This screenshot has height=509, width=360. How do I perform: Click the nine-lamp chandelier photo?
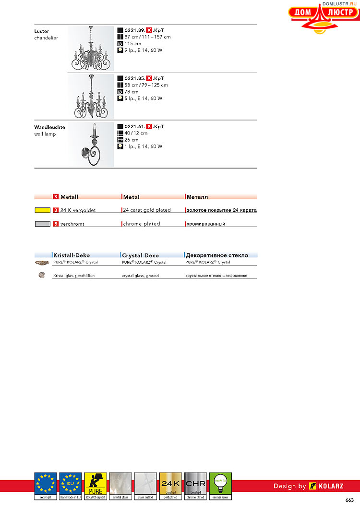[91, 48]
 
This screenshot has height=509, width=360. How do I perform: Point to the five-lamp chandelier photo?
[91, 96]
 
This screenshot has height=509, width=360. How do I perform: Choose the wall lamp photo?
[91, 144]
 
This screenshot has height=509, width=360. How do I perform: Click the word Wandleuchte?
[49, 127]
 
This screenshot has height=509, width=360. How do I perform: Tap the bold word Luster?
[42, 31]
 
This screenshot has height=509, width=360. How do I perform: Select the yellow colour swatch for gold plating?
[43, 210]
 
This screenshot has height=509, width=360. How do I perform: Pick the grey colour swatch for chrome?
[43, 224]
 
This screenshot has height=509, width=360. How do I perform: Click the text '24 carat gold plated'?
[147, 210]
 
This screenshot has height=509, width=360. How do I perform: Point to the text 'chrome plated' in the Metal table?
[142, 224]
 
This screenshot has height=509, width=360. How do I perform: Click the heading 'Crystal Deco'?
[140, 255]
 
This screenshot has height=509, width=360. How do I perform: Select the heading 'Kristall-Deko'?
[72, 255]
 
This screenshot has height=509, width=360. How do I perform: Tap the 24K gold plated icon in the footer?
[170, 485]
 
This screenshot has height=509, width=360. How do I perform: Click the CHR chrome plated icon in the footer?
[195, 485]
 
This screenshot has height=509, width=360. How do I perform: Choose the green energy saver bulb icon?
[220, 485]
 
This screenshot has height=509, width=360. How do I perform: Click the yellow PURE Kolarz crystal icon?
[96, 485]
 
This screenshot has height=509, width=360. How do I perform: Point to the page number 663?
[349, 500]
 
